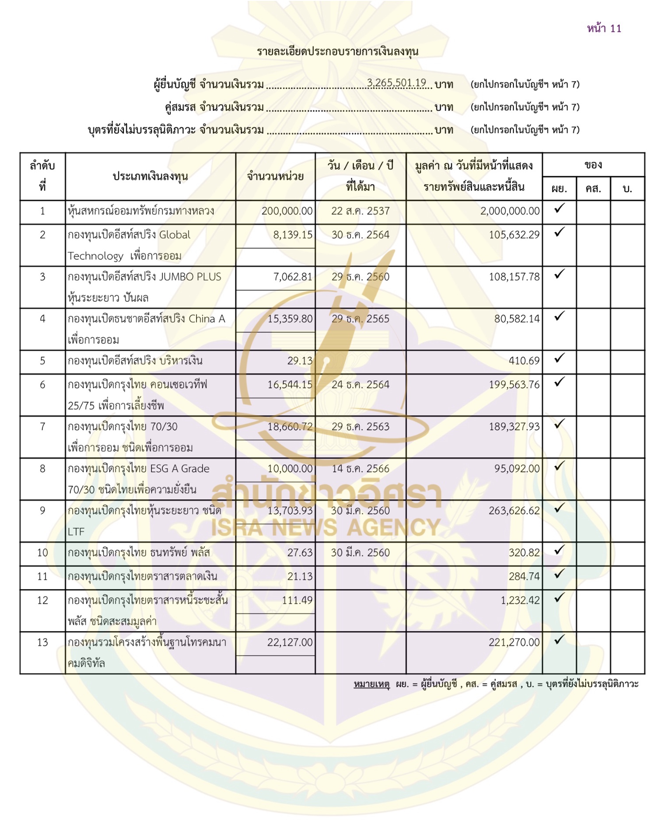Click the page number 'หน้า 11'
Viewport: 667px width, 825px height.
tap(604, 29)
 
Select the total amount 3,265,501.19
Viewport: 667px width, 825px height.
tap(396, 83)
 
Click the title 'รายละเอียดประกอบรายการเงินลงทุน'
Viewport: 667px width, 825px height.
tap(338, 51)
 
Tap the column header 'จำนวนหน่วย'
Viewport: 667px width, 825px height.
tap(275, 176)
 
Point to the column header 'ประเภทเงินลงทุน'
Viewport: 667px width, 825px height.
tap(150, 176)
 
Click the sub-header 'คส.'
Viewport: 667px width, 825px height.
tap(593, 189)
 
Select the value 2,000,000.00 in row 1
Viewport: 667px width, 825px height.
tap(510, 211)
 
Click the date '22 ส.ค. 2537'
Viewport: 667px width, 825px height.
tap(360, 211)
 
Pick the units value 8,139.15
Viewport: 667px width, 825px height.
tap(293, 235)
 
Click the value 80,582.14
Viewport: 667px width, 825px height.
tap(517, 319)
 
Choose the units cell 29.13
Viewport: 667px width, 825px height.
tap(300, 361)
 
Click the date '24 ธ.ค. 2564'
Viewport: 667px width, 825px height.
tap(360, 385)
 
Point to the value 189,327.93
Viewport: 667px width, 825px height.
tap(514, 427)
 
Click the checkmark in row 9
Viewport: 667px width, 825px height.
tap(559, 508)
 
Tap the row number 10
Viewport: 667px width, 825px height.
tap(42, 553)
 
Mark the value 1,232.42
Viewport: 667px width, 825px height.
tap(520, 601)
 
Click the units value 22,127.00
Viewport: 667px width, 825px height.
tap(289, 643)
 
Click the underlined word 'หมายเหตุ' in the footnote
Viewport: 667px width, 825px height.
tap(371, 684)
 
